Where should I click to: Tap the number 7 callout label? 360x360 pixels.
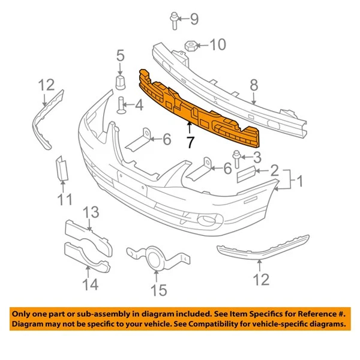pyautogui.click(x=190, y=142)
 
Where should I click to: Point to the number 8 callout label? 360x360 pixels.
pyautogui.click(x=254, y=85)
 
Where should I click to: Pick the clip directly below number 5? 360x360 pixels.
pyautogui.click(x=120, y=80)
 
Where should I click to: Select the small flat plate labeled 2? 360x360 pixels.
pyautogui.click(x=246, y=174)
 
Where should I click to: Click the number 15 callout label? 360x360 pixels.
pyautogui.click(x=158, y=291)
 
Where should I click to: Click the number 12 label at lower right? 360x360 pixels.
pyautogui.click(x=261, y=279)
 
